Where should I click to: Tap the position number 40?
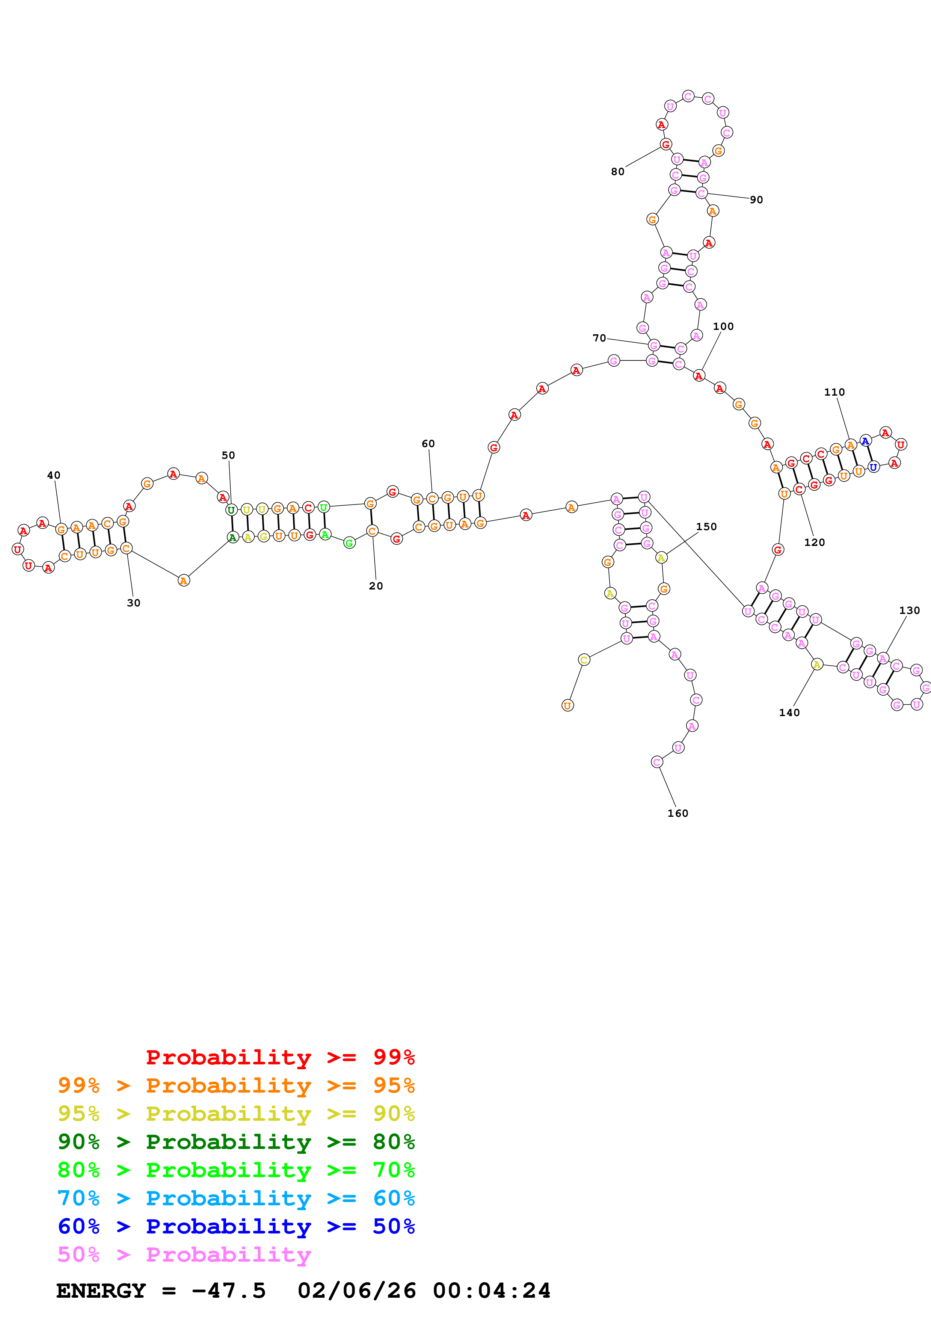coord(53,475)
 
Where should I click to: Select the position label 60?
coord(428,444)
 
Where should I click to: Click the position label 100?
coord(723,326)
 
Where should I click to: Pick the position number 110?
coord(834,392)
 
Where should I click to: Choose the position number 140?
coord(789,712)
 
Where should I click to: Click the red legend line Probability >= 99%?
coord(280,1057)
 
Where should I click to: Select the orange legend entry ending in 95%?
coord(236,1085)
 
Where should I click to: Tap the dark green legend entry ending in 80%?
coord(236,1142)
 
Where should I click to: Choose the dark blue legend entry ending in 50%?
coord(236,1226)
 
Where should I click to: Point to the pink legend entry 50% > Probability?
coord(184,1254)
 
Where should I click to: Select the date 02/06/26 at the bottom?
coord(356,1291)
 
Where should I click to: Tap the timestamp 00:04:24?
coord(492,1291)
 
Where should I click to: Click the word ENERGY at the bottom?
coord(101,1291)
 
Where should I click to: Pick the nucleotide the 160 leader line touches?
coord(657,762)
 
